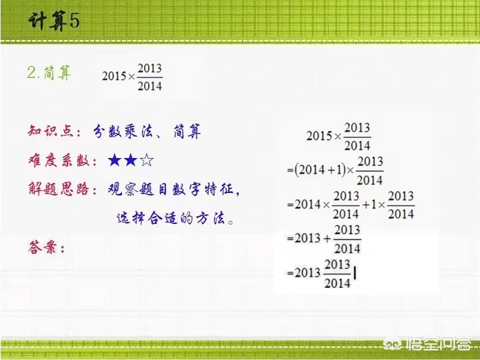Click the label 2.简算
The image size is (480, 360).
point(49,74)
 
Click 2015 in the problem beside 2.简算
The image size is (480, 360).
point(114,76)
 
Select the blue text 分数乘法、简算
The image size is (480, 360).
point(147,132)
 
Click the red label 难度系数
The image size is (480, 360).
point(59,161)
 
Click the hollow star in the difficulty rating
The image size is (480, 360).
point(147,161)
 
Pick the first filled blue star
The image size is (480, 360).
point(115,161)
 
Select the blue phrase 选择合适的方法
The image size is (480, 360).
point(174,218)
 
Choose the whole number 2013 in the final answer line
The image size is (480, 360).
point(307,273)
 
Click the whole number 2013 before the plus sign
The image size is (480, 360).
point(307,238)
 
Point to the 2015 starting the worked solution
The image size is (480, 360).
point(319,136)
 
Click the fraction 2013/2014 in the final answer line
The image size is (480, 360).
point(338,273)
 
